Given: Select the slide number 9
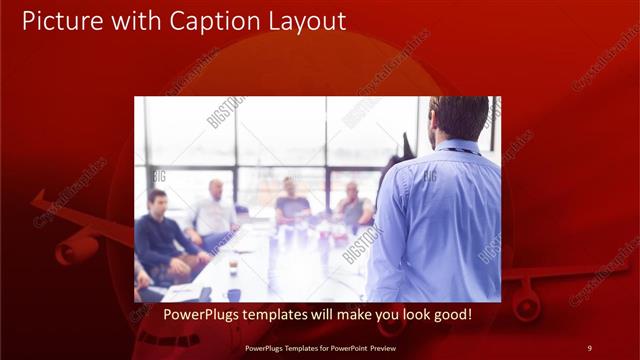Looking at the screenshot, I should coord(589,347).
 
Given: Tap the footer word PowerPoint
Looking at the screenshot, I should coord(343,347).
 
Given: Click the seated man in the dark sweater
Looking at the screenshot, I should coord(160,232).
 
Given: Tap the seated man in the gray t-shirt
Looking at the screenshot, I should coord(291,203).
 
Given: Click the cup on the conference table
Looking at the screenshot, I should coord(232,267).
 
